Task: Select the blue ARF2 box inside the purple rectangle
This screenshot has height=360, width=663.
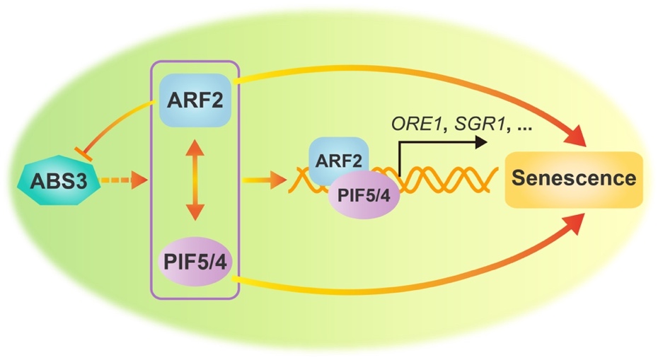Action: [195, 100]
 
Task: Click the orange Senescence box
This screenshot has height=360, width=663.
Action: [573, 179]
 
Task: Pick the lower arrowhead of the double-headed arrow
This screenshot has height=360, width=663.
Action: [195, 216]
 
